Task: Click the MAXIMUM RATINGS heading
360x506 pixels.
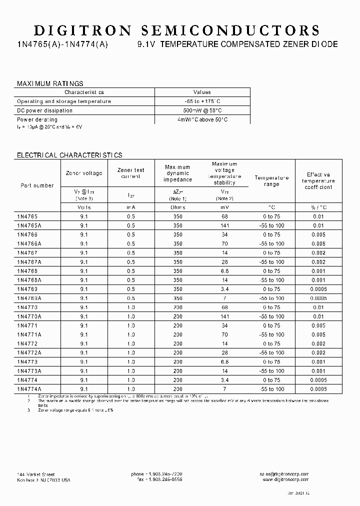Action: (50, 83)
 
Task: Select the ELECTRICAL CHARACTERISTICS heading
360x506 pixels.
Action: (69, 155)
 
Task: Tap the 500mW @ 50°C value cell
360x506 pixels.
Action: (202, 110)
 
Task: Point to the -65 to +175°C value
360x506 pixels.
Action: (202, 101)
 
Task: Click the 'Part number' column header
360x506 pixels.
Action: (37, 185)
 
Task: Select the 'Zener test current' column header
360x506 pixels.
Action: (130, 173)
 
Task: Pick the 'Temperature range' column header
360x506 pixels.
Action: (271, 181)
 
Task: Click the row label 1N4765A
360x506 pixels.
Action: (29, 225)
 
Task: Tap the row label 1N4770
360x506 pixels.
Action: (27, 307)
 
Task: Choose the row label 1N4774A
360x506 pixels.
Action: (29, 389)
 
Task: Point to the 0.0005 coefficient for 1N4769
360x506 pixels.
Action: (318, 289)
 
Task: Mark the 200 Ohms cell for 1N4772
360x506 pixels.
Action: (177, 344)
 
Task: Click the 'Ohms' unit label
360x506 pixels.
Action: (177, 207)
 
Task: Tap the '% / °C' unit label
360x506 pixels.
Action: (318, 207)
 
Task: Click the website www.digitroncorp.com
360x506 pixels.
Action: (285, 479)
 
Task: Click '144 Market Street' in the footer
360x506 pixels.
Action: (36, 474)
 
